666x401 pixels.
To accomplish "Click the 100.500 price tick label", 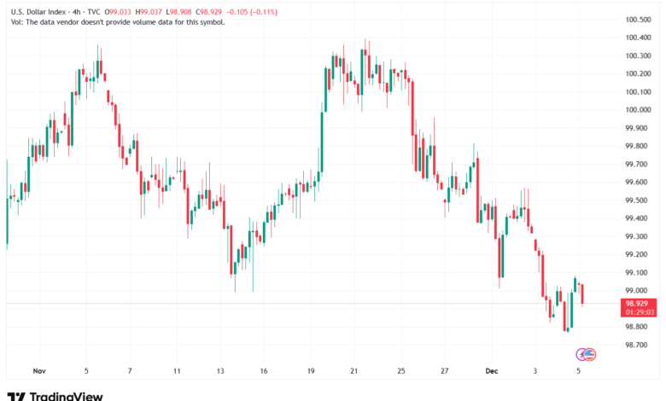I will [x=639, y=20].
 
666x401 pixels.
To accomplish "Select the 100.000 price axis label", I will [x=639, y=109].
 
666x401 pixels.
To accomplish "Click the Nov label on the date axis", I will [x=38, y=371].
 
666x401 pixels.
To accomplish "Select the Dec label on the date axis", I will [x=491, y=371].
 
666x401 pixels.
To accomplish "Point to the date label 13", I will [x=220, y=371].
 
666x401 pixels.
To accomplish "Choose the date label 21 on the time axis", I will [x=354, y=371].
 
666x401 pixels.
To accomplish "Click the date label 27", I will [x=445, y=371].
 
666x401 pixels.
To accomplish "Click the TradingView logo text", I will [x=66, y=395].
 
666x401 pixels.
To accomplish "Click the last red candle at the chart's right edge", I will [x=582, y=293].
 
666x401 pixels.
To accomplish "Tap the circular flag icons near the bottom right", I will [x=587, y=353].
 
